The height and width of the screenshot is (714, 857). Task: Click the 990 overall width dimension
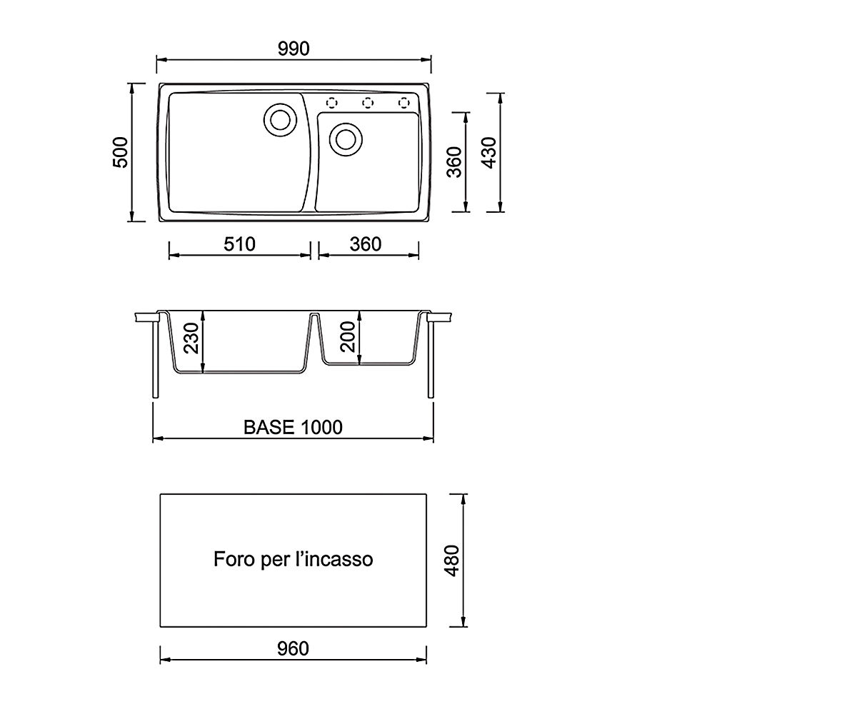[x=294, y=49]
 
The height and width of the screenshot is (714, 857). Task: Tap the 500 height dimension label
[x=120, y=152]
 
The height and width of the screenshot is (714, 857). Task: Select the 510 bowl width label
[x=239, y=244]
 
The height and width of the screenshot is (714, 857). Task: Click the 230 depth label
[x=191, y=338]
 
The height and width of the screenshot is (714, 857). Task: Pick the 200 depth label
[x=348, y=337]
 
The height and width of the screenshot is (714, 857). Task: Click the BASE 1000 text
[x=293, y=427]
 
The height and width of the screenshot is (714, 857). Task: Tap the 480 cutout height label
[x=452, y=561]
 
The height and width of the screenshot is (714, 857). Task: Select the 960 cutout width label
[x=293, y=649]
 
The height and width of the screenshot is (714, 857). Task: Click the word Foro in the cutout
[x=234, y=559]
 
